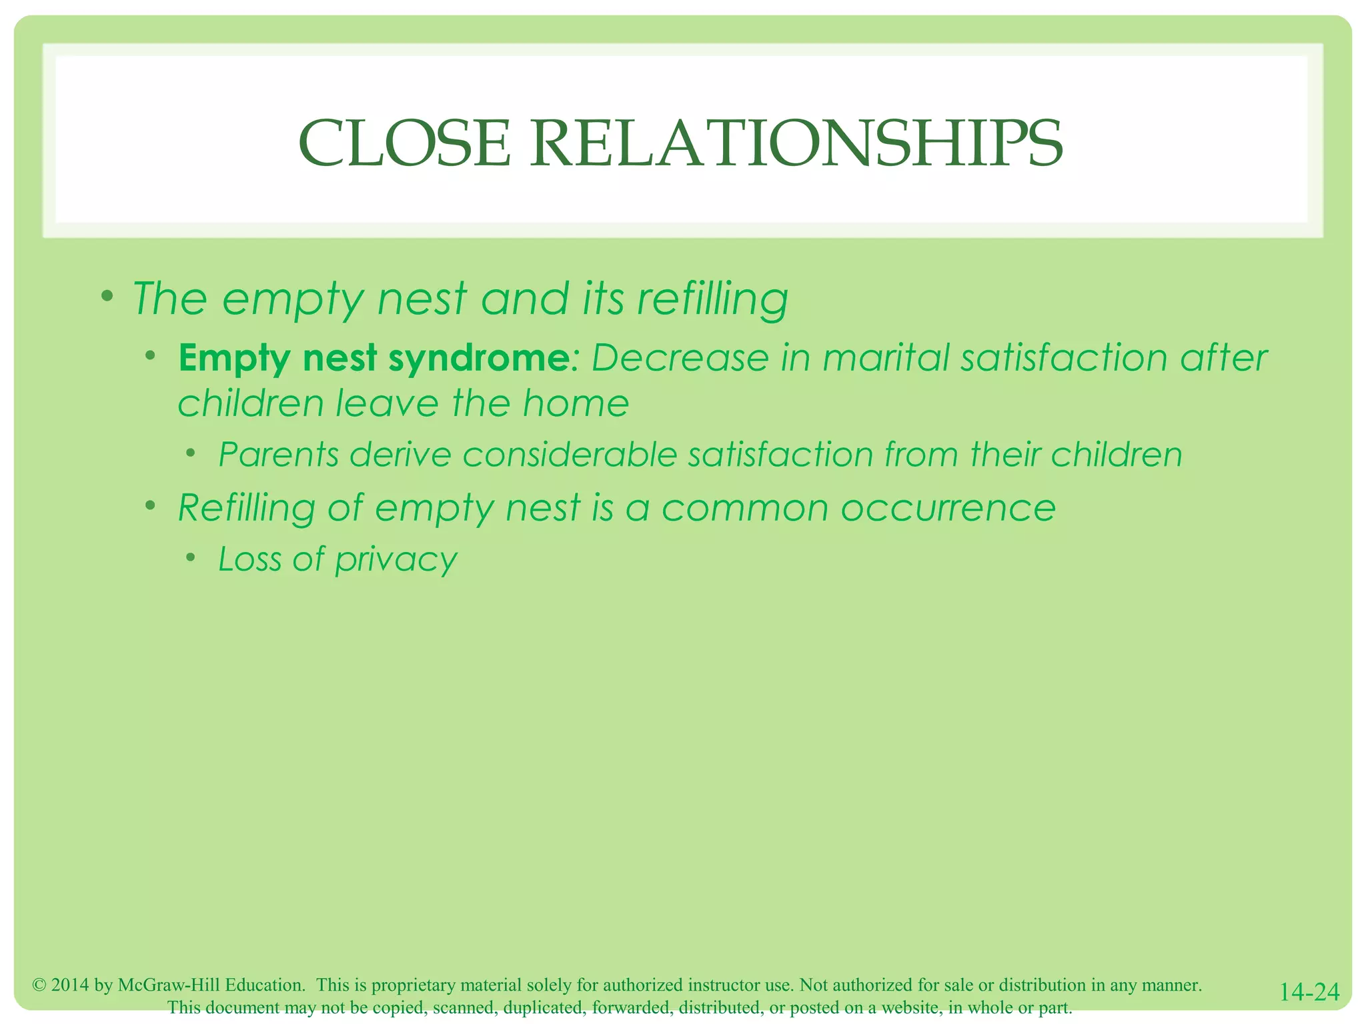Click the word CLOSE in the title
(x=404, y=144)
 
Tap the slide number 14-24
(x=1309, y=992)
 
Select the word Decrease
(x=680, y=358)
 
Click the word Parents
(x=279, y=455)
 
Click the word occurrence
(x=948, y=509)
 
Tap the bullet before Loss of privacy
(x=191, y=557)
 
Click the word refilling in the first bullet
(x=712, y=299)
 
